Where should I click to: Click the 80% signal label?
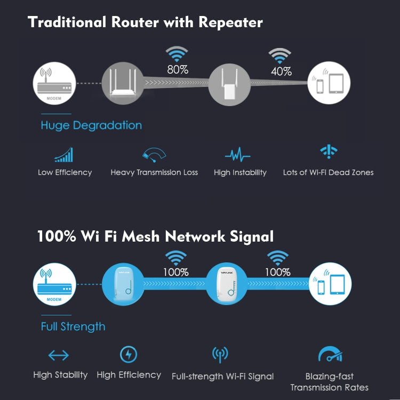[177, 70]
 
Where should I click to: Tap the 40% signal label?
[281, 70]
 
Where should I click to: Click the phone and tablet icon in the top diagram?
[329, 84]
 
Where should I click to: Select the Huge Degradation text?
[91, 125]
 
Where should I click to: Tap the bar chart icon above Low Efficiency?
[64, 155]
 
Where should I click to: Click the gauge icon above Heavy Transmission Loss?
[154, 155]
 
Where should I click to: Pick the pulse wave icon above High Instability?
[238, 155]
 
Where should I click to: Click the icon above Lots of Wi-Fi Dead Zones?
[328, 152]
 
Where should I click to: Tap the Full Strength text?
[73, 326]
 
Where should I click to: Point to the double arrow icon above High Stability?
[59, 355]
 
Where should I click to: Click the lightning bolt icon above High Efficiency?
[129, 355]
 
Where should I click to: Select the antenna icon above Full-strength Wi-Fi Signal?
[220, 354]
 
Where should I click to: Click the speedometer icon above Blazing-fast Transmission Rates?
[330, 355]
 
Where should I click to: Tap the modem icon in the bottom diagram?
[53, 284]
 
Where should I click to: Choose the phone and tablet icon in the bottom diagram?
[331, 284]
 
